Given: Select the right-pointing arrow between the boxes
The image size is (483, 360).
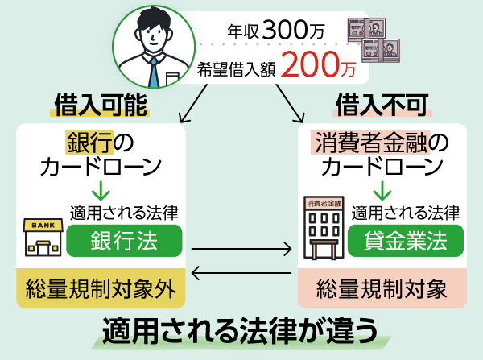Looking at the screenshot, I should [242, 251].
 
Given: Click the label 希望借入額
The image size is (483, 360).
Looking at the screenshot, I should [238, 69].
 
